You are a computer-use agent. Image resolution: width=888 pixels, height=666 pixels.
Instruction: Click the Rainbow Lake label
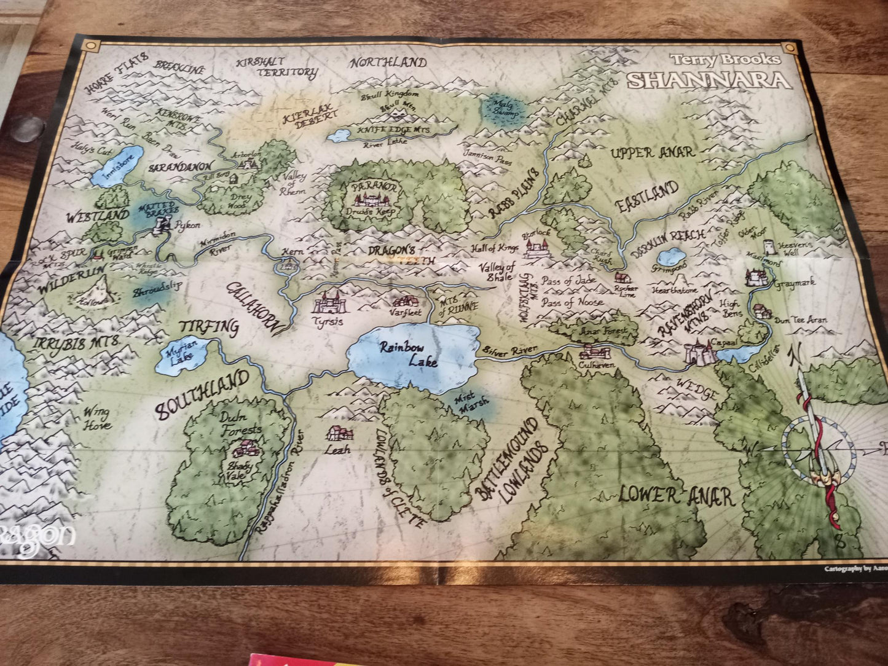pyautogui.click(x=410, y=355)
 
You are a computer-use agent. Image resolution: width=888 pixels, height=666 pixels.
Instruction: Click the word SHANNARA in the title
pyautogui.click(x=708, y=80)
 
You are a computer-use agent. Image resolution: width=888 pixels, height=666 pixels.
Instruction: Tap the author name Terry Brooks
pyautogui.click(x=725, y=60)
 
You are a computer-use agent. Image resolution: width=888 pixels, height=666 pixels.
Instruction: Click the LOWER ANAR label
pyautogui.click(x=676, y=495)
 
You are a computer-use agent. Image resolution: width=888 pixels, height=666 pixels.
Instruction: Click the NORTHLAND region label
pyautogui.click(x=388, y=63)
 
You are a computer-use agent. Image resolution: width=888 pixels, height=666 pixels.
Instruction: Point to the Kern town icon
pyautogui.click(x=287, y=265)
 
